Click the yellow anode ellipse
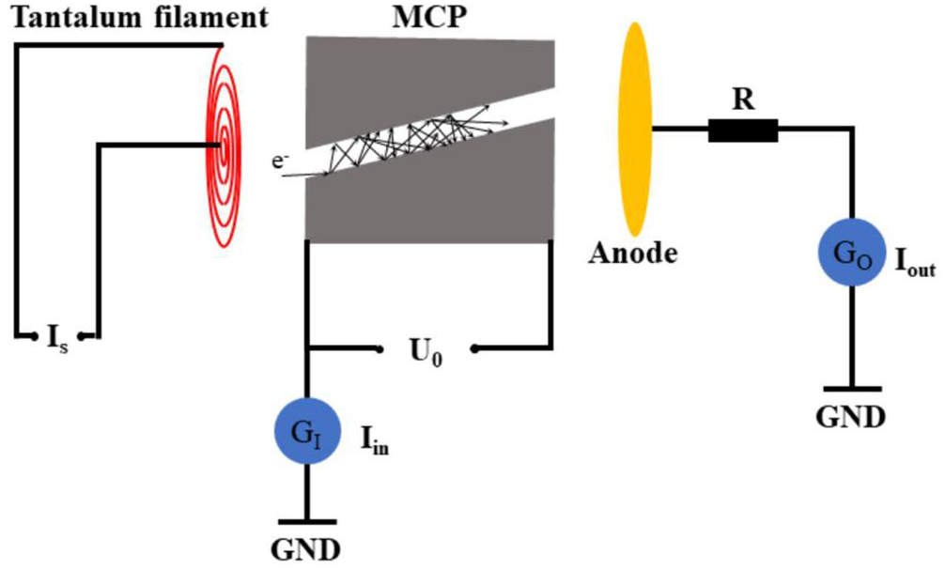click(635, 130)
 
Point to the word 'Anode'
click(632, 253)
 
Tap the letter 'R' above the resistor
click(743, 100)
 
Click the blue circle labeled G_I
click(306, 433)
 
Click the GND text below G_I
click(306, 546)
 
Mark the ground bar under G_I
click(306, 521)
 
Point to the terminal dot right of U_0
click(474, 349)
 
